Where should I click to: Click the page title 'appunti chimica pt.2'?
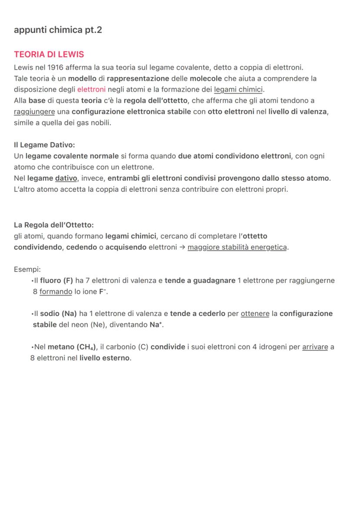coord(58,30)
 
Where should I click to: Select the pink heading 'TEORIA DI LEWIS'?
coord(49,54)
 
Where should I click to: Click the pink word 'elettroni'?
coord(91,90)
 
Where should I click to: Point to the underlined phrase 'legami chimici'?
coord(238,90)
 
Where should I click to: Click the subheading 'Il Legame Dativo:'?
coord(44,145)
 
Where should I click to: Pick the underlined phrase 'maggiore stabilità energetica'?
coord(237,247)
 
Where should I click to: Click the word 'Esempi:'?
coord(27,269)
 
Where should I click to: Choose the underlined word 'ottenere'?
coord(255,314)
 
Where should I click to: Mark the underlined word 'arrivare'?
coord(315,347)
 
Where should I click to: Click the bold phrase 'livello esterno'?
coord(105,359)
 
